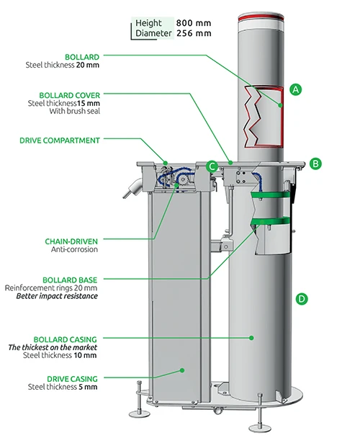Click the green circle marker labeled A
(x=294, y=89)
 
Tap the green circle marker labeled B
(x=315, y=164)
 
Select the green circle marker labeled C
(x=212, y=166)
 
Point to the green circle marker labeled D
(x=302, y=298)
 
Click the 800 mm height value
(x=193, y=23)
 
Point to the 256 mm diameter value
(x=193, y=33)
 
